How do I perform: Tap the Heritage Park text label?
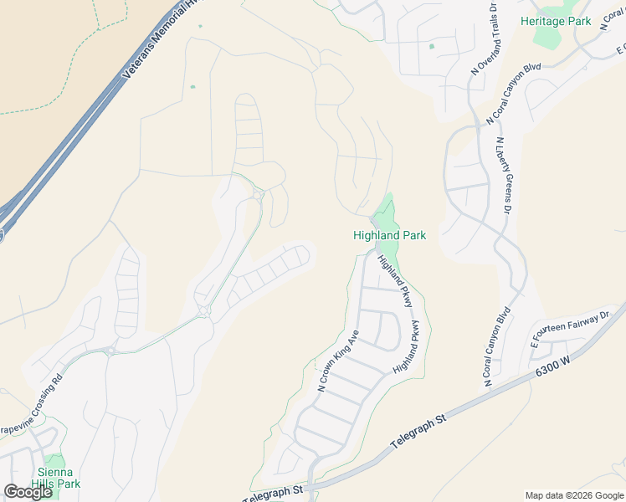coord(555,21)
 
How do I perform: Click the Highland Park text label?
coord(389,236)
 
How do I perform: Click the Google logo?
coord(28,492)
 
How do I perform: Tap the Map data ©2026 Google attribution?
coord(574,495)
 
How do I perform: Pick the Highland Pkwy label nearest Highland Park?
coord(395,281)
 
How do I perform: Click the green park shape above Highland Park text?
coord(385,213)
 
